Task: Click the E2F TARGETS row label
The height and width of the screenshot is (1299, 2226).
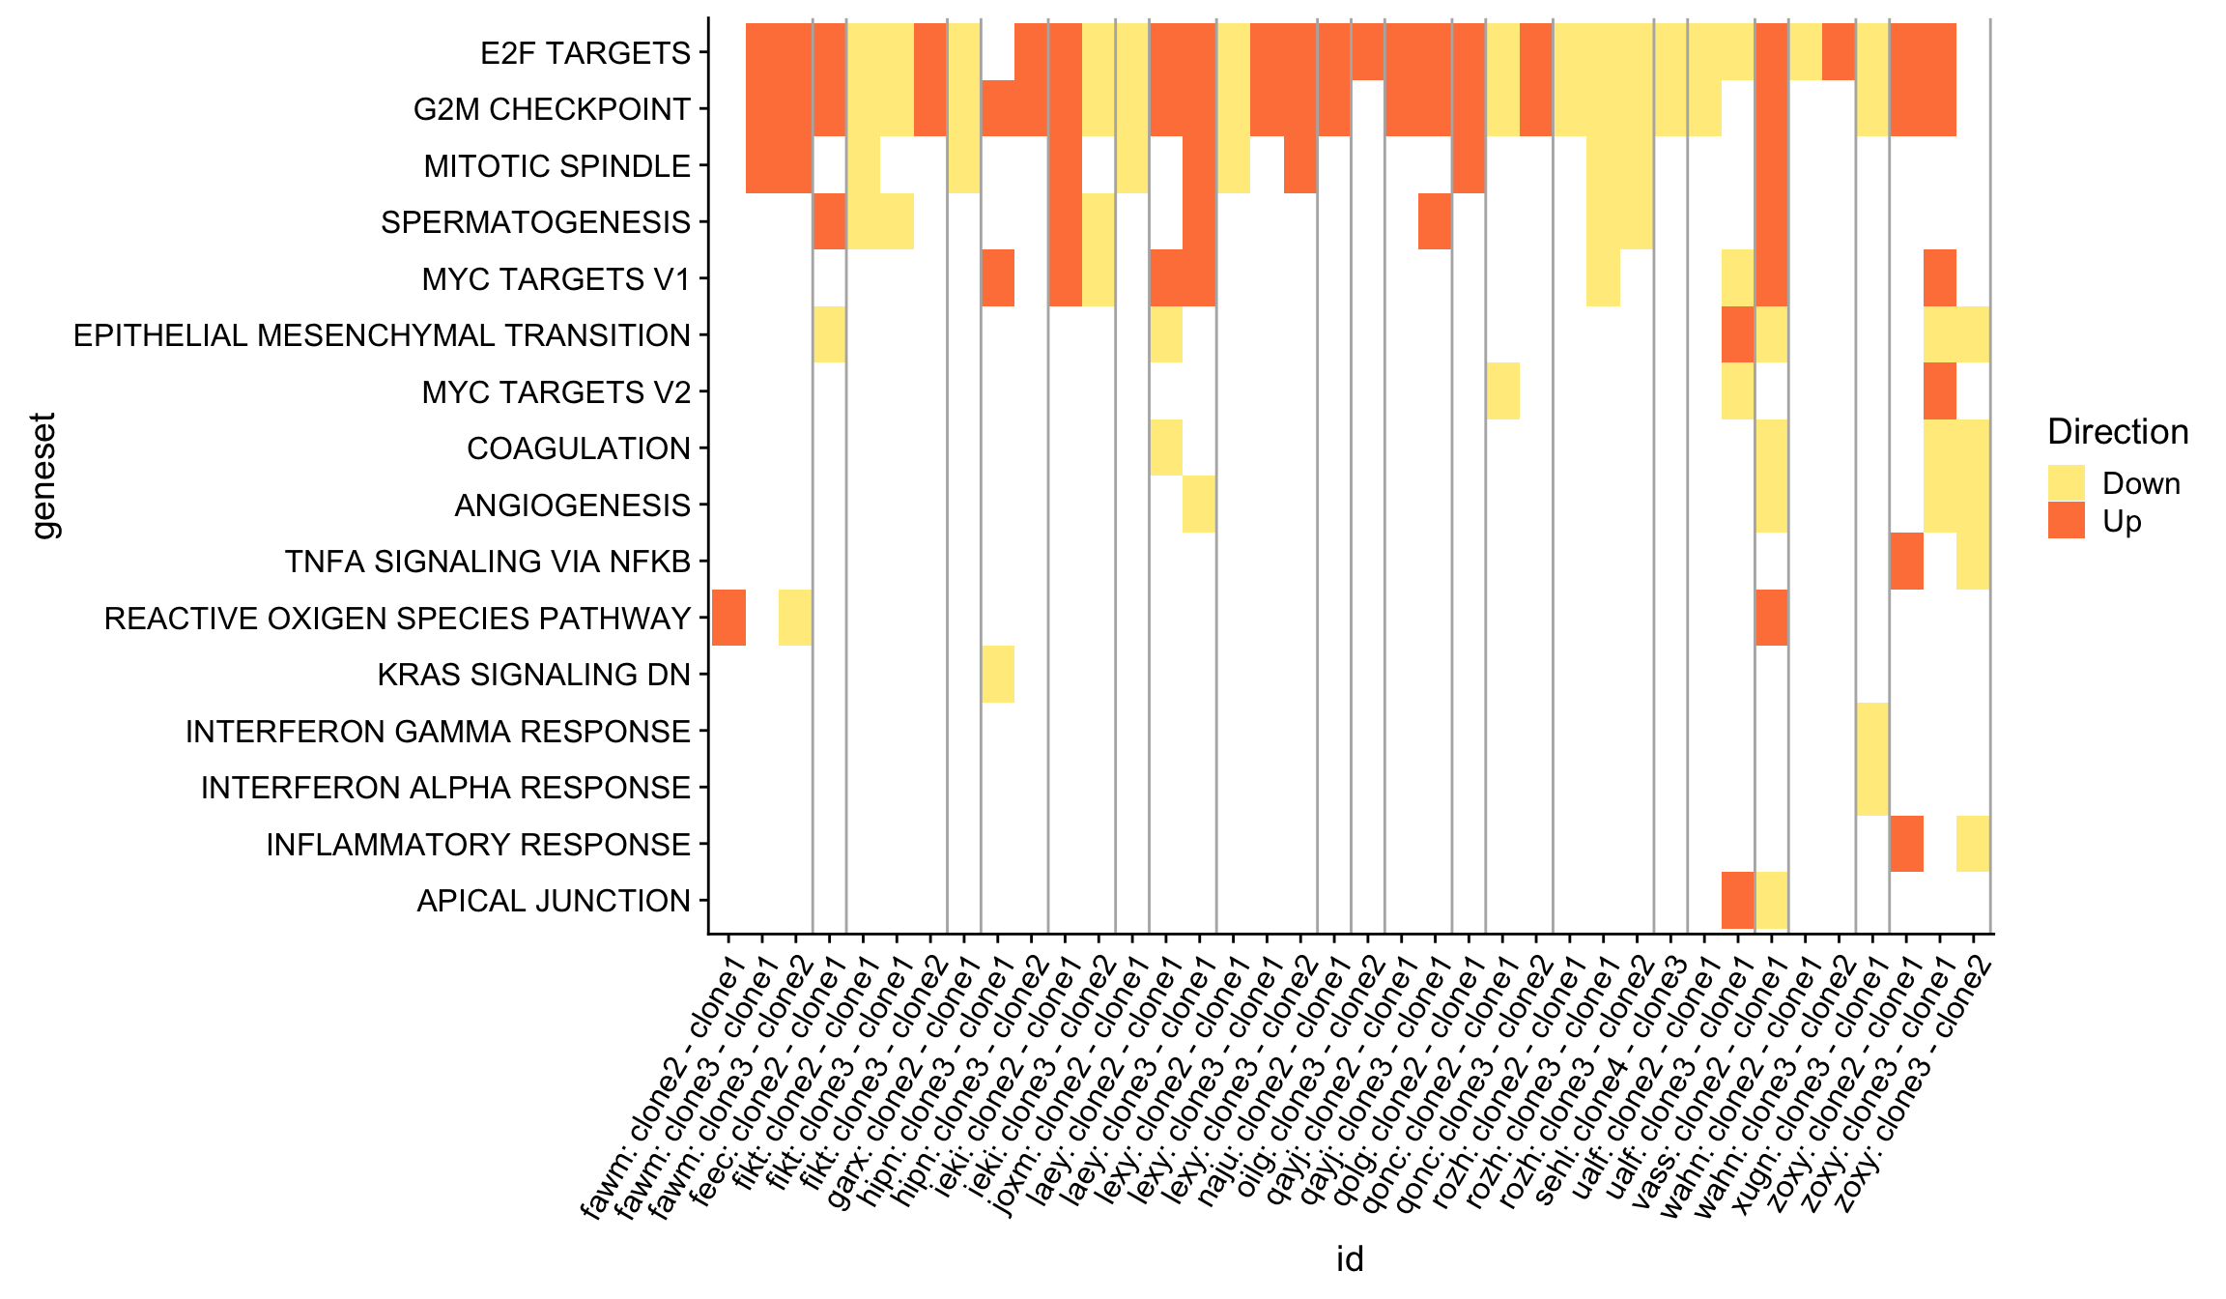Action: point(585,53)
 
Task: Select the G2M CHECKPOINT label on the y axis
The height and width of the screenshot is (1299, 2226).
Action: point(552,109)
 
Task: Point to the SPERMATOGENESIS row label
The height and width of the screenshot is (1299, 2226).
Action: point(535,222)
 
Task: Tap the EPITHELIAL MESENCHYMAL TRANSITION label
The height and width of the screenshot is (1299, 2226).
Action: point(382,335)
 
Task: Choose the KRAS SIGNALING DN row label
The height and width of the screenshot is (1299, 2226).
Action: point(533,675)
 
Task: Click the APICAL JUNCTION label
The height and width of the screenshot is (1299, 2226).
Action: point(554,901)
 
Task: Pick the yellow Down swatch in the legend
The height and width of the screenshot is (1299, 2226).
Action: point(2066,483)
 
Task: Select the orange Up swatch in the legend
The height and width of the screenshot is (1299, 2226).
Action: point(2066,521)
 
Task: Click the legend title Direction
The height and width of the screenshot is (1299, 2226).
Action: point(2118,432)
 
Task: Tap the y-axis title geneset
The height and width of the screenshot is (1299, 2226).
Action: point(44,476)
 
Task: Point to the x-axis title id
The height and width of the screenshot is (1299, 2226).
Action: point(1350,1258)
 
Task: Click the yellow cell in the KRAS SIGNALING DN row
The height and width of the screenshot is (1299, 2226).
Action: point(998,675)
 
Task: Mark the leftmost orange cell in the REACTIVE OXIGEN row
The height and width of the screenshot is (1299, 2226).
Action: point(728,618)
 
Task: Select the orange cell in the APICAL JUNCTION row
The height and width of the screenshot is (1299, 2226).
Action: point(1738,900)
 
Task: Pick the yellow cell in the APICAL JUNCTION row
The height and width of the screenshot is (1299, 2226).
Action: point(1772,900)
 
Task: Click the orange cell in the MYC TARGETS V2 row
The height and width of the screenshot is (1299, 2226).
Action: point(1940,391)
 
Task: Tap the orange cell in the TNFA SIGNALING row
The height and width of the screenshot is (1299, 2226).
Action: point(1906,561)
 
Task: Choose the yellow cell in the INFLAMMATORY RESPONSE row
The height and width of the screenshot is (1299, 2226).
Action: point(1973,844)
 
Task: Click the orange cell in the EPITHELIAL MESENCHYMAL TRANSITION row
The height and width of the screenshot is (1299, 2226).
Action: point(1738,334)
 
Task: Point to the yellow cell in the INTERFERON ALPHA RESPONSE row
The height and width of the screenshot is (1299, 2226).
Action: point(1872,787)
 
